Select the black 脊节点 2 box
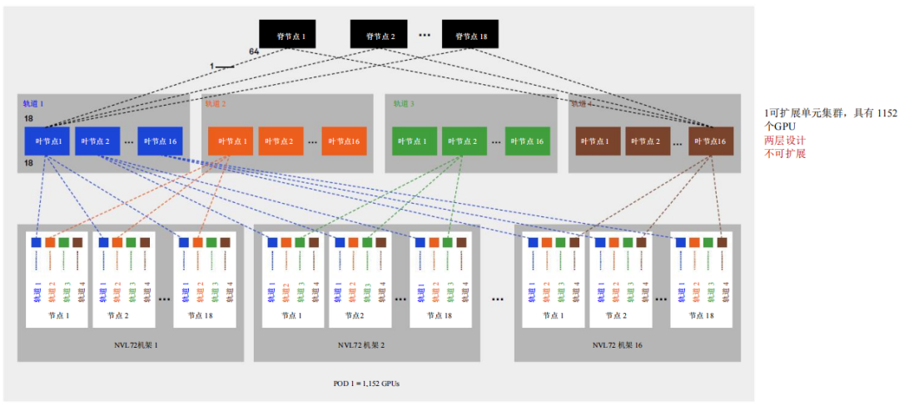pyautogui.click(x=379, y=34)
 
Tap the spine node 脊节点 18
pyautogui.click(x=470, y=34)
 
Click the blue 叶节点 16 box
pyautogui.click(x=160, y=141)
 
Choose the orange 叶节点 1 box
pyautogui.click(x=231, y=141)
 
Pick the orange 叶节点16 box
pyautogui.click(x=345, y=141)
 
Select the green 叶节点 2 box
pyautogui.click(x=464, y=141)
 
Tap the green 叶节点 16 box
pyautogui.click(x=528, y=141)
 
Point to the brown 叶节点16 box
pyautogui.click(x=711, y=141)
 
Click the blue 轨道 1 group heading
pyautogui.click(x=33, y=104)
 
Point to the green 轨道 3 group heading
pyautogui.click(x=403, y=104)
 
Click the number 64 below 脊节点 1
pyautogui.click(x=254, y=52)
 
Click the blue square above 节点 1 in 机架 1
pyautogui.click(x=36, y=242)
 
